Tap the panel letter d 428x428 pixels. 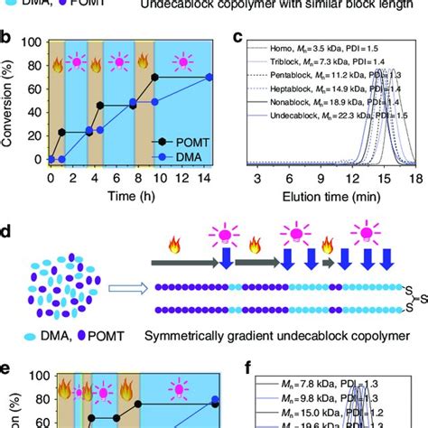point(7,234)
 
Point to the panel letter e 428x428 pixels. point(7,371)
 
